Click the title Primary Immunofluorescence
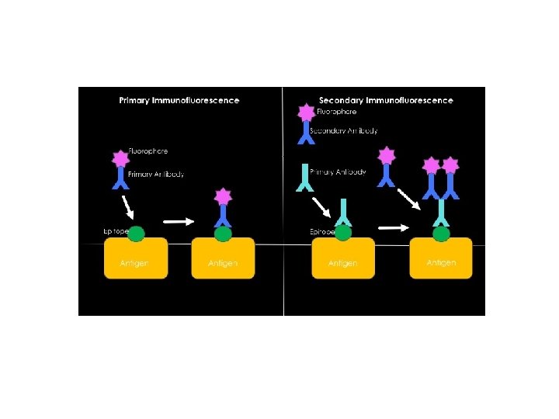pos(179,100)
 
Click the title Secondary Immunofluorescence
pos(386,100)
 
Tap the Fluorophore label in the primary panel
pos(148,151)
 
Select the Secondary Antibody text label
pos(343,130)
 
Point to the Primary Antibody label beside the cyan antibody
pos(338,171)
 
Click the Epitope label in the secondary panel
pos(321,231)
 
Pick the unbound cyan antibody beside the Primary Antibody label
pos(302,178)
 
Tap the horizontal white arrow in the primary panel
pos(179,221)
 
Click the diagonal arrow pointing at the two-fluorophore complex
pos(408,197)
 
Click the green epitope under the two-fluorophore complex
pos(441,233)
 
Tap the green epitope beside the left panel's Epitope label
pos(137,233)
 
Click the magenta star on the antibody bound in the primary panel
pos(224,196)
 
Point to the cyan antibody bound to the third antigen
pos(343,211)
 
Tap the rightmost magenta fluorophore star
pos(451,165)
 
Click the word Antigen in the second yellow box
pos(223,264)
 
